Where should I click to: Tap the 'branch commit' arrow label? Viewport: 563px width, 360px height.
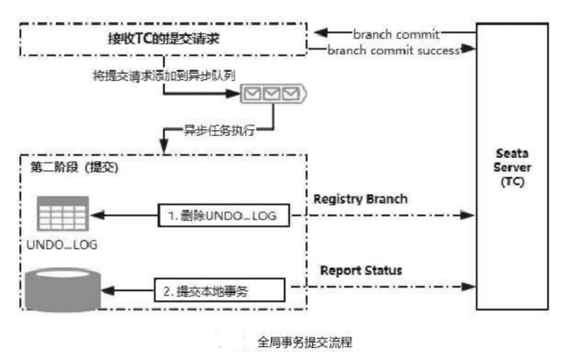pyautogui.click(x=396, y=33)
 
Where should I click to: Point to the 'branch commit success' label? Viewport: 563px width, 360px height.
pyautogui.click(x=393, y=50)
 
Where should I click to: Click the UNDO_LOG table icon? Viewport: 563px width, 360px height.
pyautogui.click(x=63, y=213)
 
